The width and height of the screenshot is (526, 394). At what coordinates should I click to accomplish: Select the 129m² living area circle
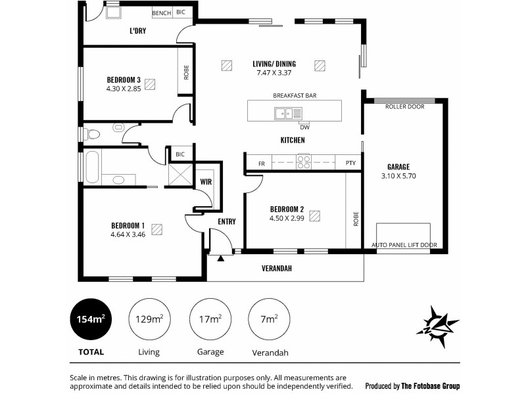(x=149, y=320)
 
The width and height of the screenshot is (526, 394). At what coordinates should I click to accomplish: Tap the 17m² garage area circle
(x=210, y=320)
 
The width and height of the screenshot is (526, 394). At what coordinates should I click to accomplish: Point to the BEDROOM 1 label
(x=128, y=225)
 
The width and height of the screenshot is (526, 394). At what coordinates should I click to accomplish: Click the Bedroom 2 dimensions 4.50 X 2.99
(x=286, y=218)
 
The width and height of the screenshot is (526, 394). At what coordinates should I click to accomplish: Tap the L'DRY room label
(x=137, y=30)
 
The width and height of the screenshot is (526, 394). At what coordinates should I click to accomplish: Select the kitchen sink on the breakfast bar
(x=288, y=114)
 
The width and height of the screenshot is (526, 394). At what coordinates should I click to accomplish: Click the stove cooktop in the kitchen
(x=303, y=162)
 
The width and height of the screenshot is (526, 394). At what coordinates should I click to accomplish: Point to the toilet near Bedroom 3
(x=91, y=134)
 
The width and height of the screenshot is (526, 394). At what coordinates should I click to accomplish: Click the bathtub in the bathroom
(x=91, y=167)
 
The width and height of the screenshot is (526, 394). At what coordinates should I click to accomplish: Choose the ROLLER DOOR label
(x=403, y=106)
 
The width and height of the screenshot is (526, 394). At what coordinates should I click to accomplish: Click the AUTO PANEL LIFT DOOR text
(x=404, y=245)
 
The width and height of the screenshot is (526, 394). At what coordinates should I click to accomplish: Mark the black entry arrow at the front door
(x=221, y=258)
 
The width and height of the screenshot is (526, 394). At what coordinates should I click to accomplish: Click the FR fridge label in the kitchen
(x=261, y=163)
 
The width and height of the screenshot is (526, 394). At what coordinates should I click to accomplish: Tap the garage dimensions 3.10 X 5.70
(x=398, y=176)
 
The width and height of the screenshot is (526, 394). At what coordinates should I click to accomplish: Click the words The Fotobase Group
(x=431, y=386)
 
